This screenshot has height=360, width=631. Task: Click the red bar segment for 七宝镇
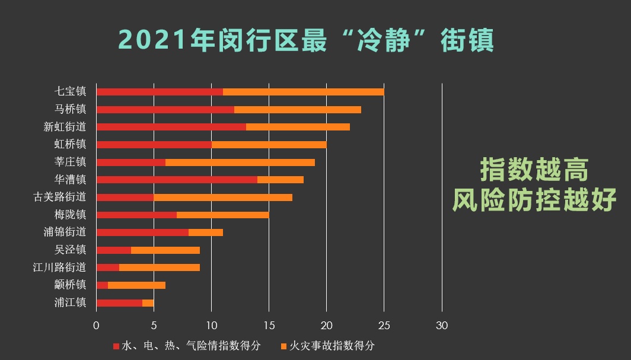click(x=160, y=92)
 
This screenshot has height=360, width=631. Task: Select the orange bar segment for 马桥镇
click(x=297, y=110)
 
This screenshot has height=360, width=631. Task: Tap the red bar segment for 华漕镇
click(x=177, y=180)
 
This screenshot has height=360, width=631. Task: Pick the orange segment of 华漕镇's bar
click(x=280, y=180)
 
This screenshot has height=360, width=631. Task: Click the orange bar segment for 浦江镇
click(x=148, y=303)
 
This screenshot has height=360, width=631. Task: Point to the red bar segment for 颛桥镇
click(x=102, y=285)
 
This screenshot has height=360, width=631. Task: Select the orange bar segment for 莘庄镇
click(x=240, y=163)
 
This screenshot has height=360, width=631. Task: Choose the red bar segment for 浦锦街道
click(x=142, y=232)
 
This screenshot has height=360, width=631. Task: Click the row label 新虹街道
click(x=65, y=127)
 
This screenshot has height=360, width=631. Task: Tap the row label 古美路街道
click(x=60, y=197)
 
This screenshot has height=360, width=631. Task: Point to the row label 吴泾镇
click(x=70, y=250)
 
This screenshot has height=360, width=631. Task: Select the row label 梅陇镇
click(x=70, y=215)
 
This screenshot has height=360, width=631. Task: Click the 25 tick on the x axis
click(x=384, y=325)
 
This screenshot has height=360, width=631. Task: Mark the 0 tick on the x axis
click(x=96, y=325)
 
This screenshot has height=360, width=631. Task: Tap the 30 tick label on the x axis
click(x=441, y=325)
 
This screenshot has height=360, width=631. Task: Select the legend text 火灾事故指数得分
click(x=332, y=346)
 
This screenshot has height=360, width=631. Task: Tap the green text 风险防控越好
click(x=534, y=201)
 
